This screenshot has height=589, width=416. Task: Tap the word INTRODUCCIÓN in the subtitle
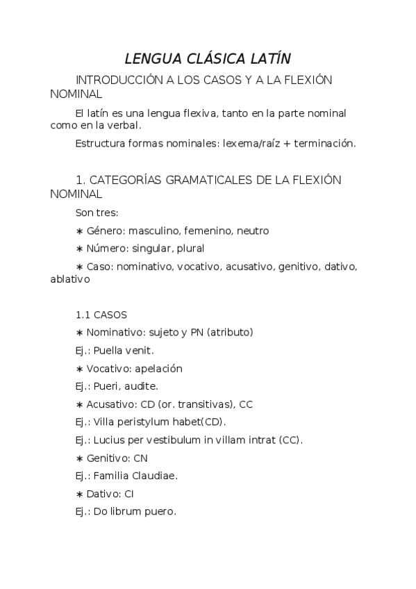tap(119, 80)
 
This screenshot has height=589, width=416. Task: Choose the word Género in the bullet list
tap(105, 231)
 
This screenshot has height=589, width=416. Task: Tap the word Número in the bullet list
tap(107, 248)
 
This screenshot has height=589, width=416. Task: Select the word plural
tap(190, 248)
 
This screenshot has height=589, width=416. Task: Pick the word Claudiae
tap(156, 476)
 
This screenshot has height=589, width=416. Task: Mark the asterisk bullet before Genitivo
tap(79, 458)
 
